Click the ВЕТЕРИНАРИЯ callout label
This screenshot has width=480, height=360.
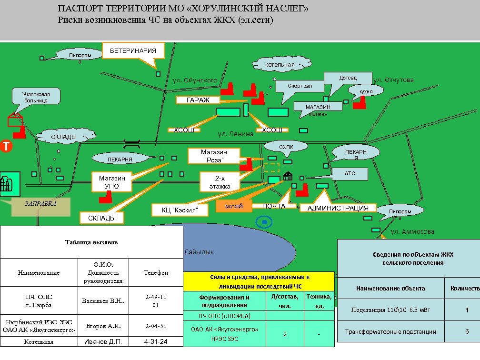tap(133, 50)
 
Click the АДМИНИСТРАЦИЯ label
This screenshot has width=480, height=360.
tap(338, 208)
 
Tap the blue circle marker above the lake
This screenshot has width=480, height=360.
tap(263, 221)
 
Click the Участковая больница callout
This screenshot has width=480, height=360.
tap(36, 97)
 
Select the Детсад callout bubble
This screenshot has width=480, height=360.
tap(348, 78)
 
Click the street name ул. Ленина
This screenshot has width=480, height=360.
tap(235, 134)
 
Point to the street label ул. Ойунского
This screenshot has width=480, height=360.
tap(195, 80)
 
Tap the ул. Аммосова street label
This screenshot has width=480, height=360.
tap(412, 231)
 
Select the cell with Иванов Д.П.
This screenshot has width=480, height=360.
tap(103, 342)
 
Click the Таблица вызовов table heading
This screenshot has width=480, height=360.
tap(91, 242)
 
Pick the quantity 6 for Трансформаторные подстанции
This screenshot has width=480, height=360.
tap(467, 331)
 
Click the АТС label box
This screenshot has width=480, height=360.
tap(350, 173)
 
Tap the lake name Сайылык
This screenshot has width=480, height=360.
tap(199, 251)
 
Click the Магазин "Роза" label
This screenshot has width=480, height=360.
tap(214, 156)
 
